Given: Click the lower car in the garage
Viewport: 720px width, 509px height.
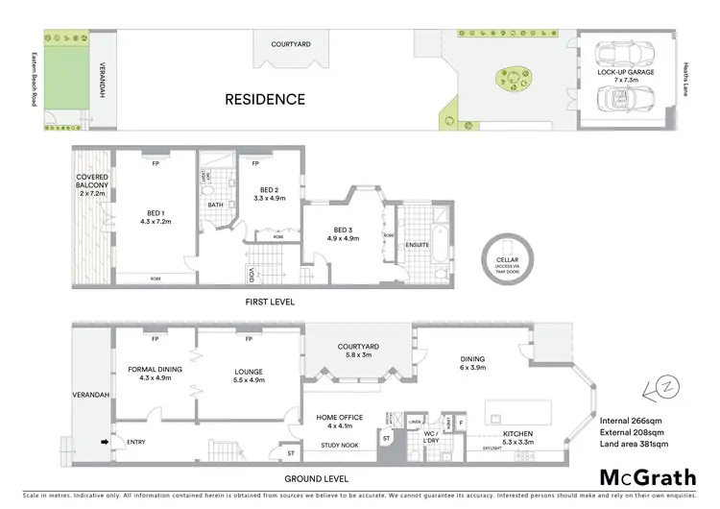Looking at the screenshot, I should pyautogui.click(x=625, y=97).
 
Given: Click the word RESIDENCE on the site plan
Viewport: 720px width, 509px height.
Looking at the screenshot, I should pyautogui.click(x=265, y=99).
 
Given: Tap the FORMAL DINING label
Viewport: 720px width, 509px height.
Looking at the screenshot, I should pyautogui.click(x=155, y=373).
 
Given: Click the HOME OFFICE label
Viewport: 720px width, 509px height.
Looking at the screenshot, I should pyautogui.click(x=340, y=418).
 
